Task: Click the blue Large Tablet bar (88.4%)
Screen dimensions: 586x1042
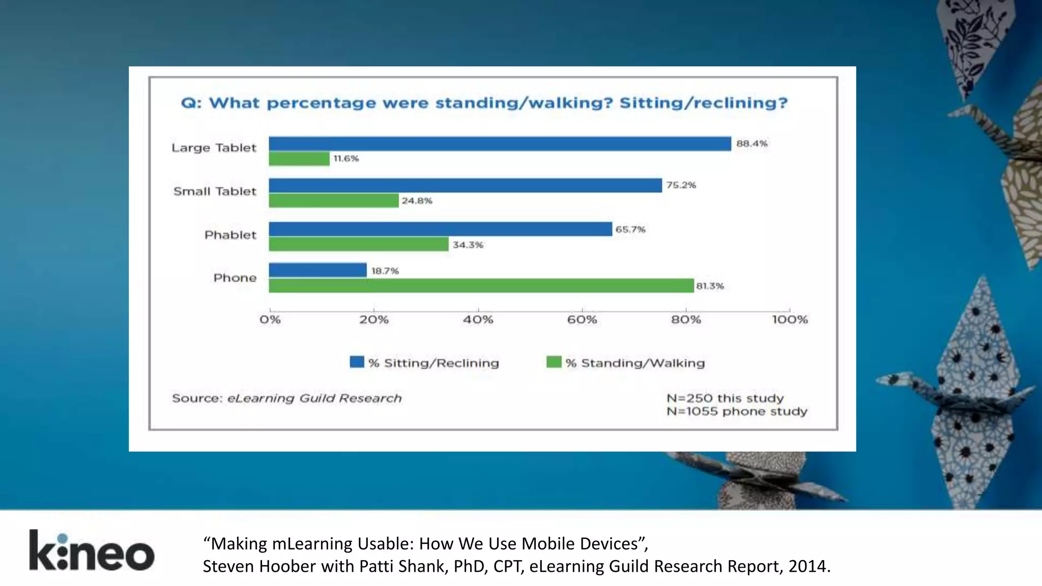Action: click(x=500, y=144)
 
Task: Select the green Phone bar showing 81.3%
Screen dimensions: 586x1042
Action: click(x=481, y=286)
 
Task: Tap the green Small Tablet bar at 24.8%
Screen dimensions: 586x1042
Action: click(x=333, y=200)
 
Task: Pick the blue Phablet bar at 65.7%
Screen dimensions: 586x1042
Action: click(x=440, y=229)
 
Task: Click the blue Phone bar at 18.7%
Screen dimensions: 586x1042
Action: click(x=317, y=270)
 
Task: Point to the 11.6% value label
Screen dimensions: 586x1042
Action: click(x=346, y=159)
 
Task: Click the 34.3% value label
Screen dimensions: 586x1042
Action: click(x=468, y=245)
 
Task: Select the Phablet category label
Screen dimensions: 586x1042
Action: click(x=230, y=235)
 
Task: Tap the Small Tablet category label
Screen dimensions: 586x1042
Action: click(x=214, y=191)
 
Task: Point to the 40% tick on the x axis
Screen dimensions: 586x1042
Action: click(x=478, y=319)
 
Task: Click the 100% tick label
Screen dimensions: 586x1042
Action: click(x=790, y=319)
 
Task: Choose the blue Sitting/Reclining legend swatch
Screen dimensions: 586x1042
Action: click(x=357, y=362)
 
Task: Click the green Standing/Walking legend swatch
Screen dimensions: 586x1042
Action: click(x=554, y=362)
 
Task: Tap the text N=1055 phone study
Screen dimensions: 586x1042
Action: click(x=737, y=411)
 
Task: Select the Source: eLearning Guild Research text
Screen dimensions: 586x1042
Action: click(x=286, y=398)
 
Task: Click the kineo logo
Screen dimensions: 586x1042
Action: click(x=92, y=551)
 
